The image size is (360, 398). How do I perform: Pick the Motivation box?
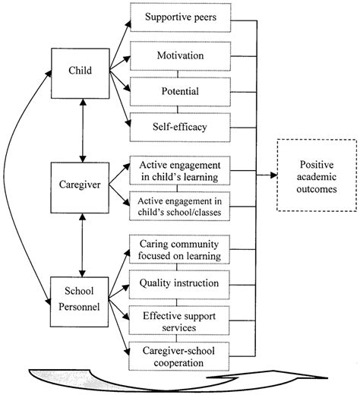point(176,55)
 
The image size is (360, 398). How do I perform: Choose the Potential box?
point(176,91)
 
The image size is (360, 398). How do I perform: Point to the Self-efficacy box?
point(176,127)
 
